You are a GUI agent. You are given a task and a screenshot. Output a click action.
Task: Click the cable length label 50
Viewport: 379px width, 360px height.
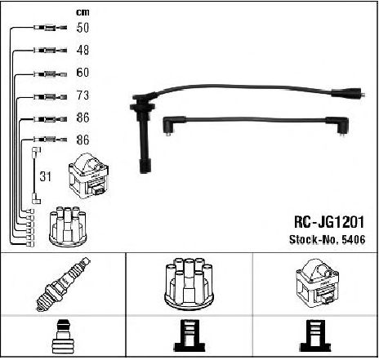[x=82, y=28]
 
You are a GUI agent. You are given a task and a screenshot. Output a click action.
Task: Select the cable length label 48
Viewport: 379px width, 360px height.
[x=82, y=50]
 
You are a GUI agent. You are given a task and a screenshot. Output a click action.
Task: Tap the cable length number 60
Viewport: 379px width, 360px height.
[x=82, y=73]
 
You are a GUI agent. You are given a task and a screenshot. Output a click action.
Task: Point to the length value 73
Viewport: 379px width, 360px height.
[x=82, y=96]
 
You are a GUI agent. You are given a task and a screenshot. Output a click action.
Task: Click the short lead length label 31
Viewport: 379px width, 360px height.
[x=45, y=176]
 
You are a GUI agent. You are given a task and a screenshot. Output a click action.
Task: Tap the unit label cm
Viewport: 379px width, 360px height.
[x=82, y=12]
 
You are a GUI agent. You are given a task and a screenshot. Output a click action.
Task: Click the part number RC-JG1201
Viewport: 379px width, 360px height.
[x=329, y=222]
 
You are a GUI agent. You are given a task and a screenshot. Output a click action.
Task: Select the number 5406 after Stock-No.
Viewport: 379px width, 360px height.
[x=354, y=239]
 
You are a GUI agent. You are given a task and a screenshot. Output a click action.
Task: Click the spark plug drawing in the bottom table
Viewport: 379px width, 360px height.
[x=63, y=284]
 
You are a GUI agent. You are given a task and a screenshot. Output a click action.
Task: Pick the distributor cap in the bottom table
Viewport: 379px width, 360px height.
[x=189, y=284]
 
